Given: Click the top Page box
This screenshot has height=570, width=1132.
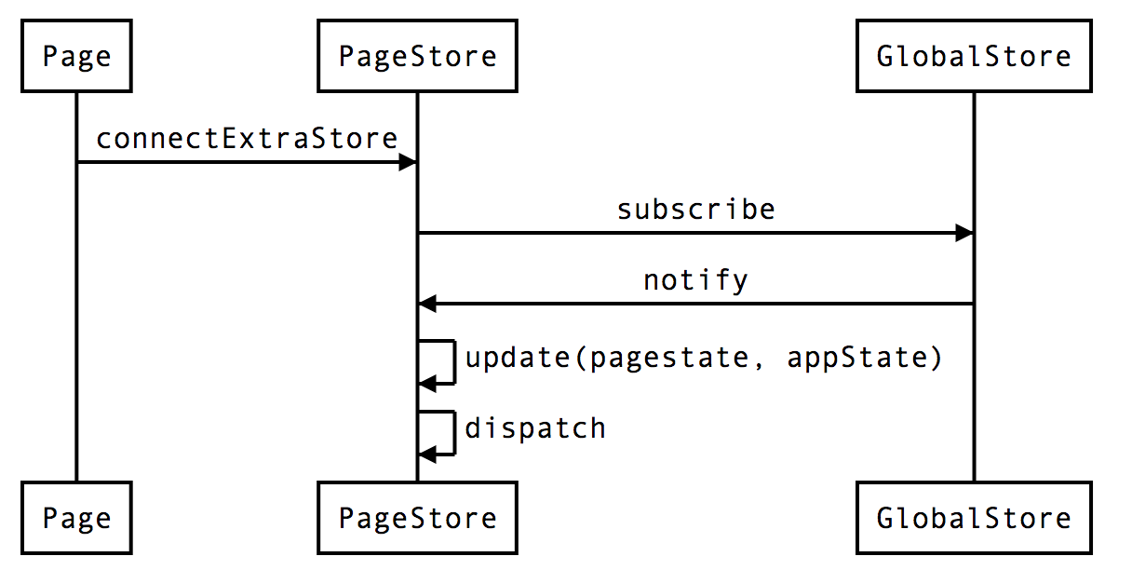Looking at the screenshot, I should pos(76,57).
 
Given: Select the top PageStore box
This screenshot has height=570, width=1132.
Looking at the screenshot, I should pos(417,57).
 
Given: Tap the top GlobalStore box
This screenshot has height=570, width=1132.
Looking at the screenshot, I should pos(974,57).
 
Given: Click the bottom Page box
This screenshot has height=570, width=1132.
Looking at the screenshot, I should pos(76,518).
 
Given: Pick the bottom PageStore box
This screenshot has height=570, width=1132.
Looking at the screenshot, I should pos(417,518).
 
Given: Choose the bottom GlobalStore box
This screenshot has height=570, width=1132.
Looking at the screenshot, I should pos(974,518).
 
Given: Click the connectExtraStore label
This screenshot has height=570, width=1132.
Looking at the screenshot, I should pos(247,139).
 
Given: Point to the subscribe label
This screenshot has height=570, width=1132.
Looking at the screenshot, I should pos(695,210).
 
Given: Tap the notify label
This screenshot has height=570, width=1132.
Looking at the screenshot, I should pos(695,279).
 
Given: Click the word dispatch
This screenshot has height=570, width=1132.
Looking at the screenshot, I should pos(535,428).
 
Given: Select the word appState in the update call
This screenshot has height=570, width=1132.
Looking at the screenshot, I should pos(856,358).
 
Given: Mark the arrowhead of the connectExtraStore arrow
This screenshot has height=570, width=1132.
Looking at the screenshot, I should pos(407,163).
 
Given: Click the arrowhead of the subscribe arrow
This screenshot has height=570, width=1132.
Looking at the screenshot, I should pos(964,233).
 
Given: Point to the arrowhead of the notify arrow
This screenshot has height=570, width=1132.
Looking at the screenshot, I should pos(427,304).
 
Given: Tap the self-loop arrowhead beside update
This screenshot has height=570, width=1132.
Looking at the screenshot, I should pos(427,383).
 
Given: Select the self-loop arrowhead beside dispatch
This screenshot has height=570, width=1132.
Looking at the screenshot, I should pos(427,454).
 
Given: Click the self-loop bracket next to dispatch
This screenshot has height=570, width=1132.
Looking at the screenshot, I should pos(452,432).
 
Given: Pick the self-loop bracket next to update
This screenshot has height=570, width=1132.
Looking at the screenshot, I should pos(452,362).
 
